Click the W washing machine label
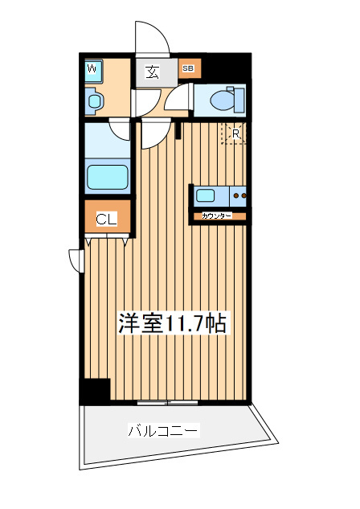tap(92, 69)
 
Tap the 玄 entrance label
tap(152, 72)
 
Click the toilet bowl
tap(223, 101)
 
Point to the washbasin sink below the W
tap(95, 101)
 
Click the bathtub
tap(107, 177)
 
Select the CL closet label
tap(107, 220)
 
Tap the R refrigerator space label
tap(235, 133)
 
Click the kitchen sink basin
tap(205, 195)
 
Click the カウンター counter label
tap(217, 216)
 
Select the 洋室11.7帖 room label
tap(173, 323)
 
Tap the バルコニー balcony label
tap(163, 430)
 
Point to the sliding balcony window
tap(167, 403)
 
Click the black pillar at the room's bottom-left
tap(95, 390)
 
